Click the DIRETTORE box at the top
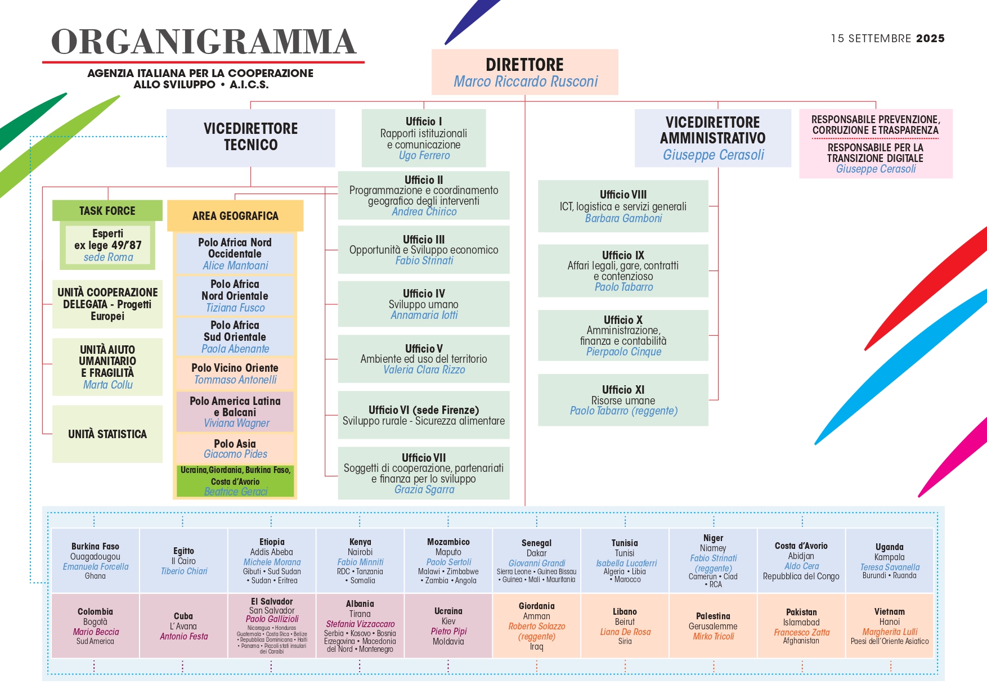tap(524, 72)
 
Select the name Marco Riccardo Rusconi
tap(526, 82)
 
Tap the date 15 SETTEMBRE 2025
tap(887, 38)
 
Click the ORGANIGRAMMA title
tap(204, 42)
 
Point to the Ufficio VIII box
tap(623, 206)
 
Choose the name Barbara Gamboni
tap(623, 218)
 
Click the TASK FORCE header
tap(107, 211)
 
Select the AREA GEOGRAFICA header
tap(235, 216)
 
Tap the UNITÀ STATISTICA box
tap(107, 434)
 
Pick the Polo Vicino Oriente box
tap(235, 373)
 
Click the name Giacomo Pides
tap(235, 454)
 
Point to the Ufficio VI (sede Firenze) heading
tap(424, 410)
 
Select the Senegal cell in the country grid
tap(537, 560)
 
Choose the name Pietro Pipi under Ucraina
tap(448, 632)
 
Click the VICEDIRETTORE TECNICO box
tap(251, 138)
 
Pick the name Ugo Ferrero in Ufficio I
tap(424, 156)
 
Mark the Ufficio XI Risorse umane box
tap(623, 400)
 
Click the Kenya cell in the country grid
tap(360, 560)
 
